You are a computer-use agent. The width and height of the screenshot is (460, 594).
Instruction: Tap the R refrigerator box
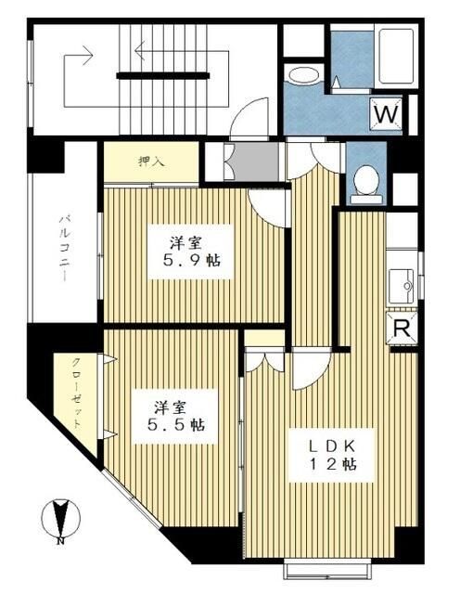[402, 329]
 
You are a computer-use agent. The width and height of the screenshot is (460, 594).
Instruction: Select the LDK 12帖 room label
[333, 452]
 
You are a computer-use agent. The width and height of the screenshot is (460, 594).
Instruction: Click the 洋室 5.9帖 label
[192, 251]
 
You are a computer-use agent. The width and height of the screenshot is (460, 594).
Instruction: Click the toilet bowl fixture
[368, 179]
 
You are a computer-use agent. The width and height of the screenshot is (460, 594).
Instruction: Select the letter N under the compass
[59, 539]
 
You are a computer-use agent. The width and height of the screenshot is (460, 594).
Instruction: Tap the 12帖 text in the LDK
[333, 464]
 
